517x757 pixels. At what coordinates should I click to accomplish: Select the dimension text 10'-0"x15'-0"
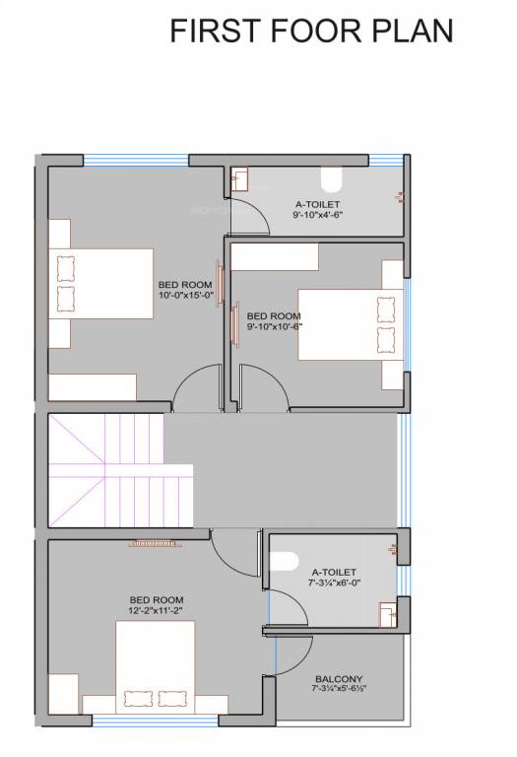click(x=185, y=295)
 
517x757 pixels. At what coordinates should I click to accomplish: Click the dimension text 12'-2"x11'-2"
click(x=157, y=610)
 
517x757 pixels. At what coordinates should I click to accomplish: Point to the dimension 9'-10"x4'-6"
click(x=317, y=214)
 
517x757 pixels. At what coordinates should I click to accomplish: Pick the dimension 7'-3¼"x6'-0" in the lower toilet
click(x=333, y=583)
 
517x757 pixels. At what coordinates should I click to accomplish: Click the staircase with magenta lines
click(x=105, y=470)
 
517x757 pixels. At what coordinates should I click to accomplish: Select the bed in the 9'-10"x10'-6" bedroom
click(x=350, y=325)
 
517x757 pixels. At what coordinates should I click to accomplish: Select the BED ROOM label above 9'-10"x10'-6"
click(x=274, y=315)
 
